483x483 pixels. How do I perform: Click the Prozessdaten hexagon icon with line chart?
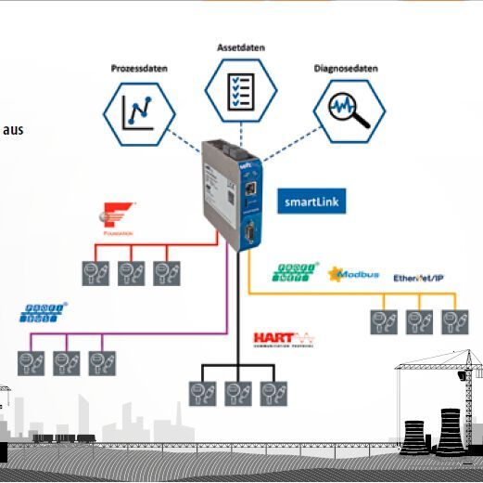139,112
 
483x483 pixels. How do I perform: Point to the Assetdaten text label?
240,46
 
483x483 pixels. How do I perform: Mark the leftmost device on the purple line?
30,362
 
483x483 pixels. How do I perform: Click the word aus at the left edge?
13,129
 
